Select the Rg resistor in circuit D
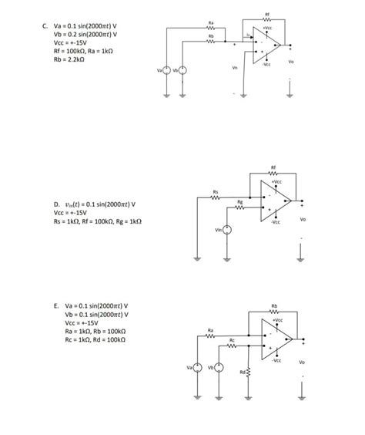pyautogui.click(x=240, y=206)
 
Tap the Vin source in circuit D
pyautogui.click(x=229, y=230)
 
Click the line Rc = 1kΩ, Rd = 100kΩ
pyautogui.click(x=95, y=339)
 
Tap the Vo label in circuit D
pyautogui.click(x=303, y=218)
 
